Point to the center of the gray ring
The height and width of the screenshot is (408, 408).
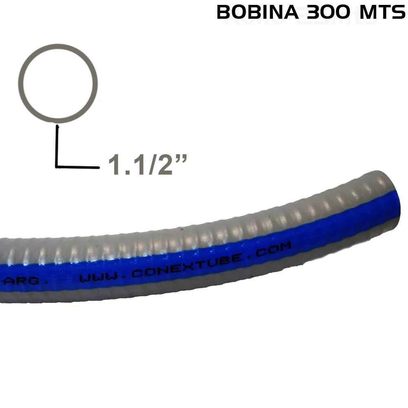pyautogui.click(x=60, y=83)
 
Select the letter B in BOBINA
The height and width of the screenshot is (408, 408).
pyautogui.click(x=224, y=13)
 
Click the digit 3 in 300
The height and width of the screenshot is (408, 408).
pyautogui.click(x=308, y=13)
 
